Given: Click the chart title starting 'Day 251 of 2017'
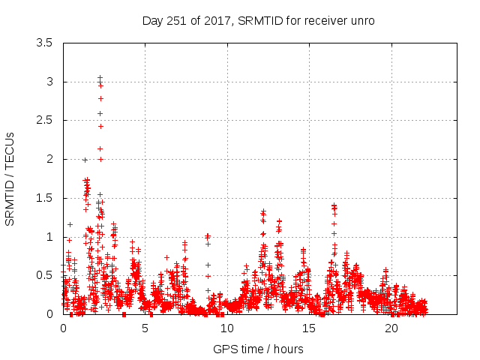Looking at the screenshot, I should pyautogui.click(x=258, y=20).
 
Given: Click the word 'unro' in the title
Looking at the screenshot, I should pyautogui.click(x=362, y=20).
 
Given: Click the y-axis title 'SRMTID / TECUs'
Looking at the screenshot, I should pyautogui.click(x=10, y=178).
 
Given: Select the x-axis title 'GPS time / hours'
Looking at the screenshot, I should pyautogui.click(x=258, y=349).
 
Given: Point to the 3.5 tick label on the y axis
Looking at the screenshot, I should pyautogui.click(x=44, y=43).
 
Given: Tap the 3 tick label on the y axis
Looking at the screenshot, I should pyautogui.click(x=49, y=82).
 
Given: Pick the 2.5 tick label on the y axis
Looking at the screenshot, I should pyautogui.click(x=44, y=120).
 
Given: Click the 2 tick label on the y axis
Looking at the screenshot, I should pyautogui.click(x=49, y=159).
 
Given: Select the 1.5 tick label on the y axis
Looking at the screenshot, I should pyautogui.click(x=44, y=198).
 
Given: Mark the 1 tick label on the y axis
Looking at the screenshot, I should pyautogui.click(x=49, y=237).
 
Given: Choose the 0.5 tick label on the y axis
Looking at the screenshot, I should pyautogui.click(x=44, y=275).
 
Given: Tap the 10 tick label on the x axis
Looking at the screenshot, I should pyautogui.click(x=227, y=328).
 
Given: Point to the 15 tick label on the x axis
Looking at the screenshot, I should pyautogui.click(x=309, y=328).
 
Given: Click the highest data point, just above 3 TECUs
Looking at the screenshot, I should pyautogui.click(x=100, y=77).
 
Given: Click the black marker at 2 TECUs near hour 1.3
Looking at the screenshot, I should pyautogui.click(x=85, y=160).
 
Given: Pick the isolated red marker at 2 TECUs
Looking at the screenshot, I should pyautogui.click(x=100, y=159).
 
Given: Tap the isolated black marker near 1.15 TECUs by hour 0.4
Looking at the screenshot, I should pyautogui.click(x=70, y=224).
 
